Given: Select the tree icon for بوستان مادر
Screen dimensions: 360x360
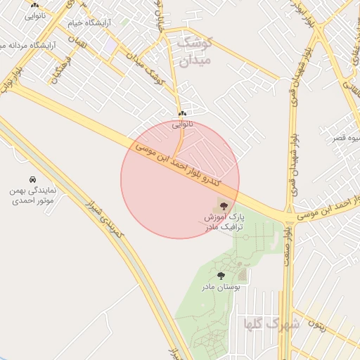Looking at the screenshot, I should coord(221,276).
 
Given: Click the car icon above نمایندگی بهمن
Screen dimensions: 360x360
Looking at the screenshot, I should coord(32,180).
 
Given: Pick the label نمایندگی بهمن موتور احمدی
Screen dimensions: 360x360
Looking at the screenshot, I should coord(32,195).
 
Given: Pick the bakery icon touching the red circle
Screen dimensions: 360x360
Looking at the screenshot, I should coord(182,114).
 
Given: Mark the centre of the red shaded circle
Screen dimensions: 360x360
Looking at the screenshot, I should coord(180,179).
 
